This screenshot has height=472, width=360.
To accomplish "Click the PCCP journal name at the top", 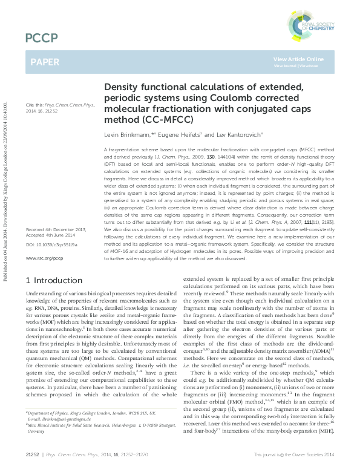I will point(41,39).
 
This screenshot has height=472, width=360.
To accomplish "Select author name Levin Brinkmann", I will point(126,133).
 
